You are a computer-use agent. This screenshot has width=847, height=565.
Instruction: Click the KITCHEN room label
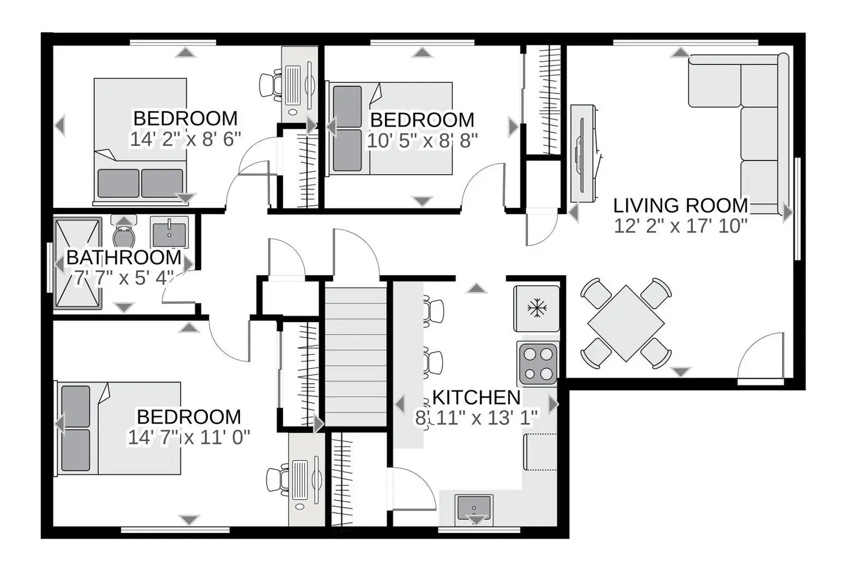pos(477,397)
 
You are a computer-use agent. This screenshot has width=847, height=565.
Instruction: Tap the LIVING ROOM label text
pos(680,206)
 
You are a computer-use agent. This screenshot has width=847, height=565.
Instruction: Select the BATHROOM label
pos(124,258)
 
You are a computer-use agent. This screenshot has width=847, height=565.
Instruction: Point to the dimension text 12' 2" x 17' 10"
pos(680,227)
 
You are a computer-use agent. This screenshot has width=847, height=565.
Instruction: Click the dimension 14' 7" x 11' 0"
pos(189,437)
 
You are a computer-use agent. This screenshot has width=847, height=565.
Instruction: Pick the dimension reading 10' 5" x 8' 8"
pos(422,141)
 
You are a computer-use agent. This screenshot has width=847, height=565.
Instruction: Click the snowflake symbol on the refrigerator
pos(536,308)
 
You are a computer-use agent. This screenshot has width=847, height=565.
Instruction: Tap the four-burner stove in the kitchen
pos(538,364)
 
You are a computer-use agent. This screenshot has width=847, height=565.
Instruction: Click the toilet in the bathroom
pos(124,232)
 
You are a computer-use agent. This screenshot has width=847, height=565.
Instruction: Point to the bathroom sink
pos(169,232)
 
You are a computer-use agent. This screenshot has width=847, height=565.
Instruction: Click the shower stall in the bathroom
pos(77,263)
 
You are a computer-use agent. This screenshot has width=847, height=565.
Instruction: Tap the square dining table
pos(626,324)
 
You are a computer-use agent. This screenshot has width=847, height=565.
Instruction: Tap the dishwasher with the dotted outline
pos(540,452)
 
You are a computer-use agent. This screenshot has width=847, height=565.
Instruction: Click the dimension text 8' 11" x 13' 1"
pos(477,418)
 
